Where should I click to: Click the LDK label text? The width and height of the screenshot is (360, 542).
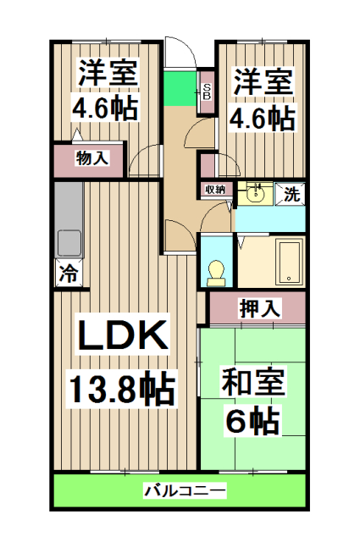coord(124,337)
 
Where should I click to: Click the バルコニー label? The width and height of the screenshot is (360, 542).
coord(183,490)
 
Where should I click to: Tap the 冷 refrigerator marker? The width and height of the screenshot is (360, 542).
coord(69,274)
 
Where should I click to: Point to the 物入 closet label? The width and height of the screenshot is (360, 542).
coord(91,158)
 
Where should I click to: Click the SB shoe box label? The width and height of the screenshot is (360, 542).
coord(206,89)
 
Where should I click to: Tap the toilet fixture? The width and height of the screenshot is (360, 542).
coord(215,270)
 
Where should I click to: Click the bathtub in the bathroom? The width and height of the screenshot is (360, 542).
coord(289,263)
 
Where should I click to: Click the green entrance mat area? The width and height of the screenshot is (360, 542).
coord(180,88)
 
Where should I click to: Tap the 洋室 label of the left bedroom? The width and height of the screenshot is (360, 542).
coord(108,71)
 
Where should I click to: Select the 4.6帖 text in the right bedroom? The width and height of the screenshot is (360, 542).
coord(263,117)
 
